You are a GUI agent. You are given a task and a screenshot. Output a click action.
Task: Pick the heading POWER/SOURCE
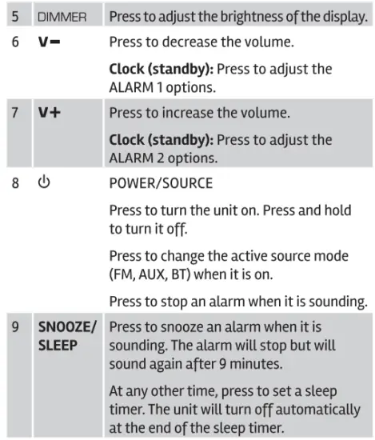(x=161, y=183)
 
